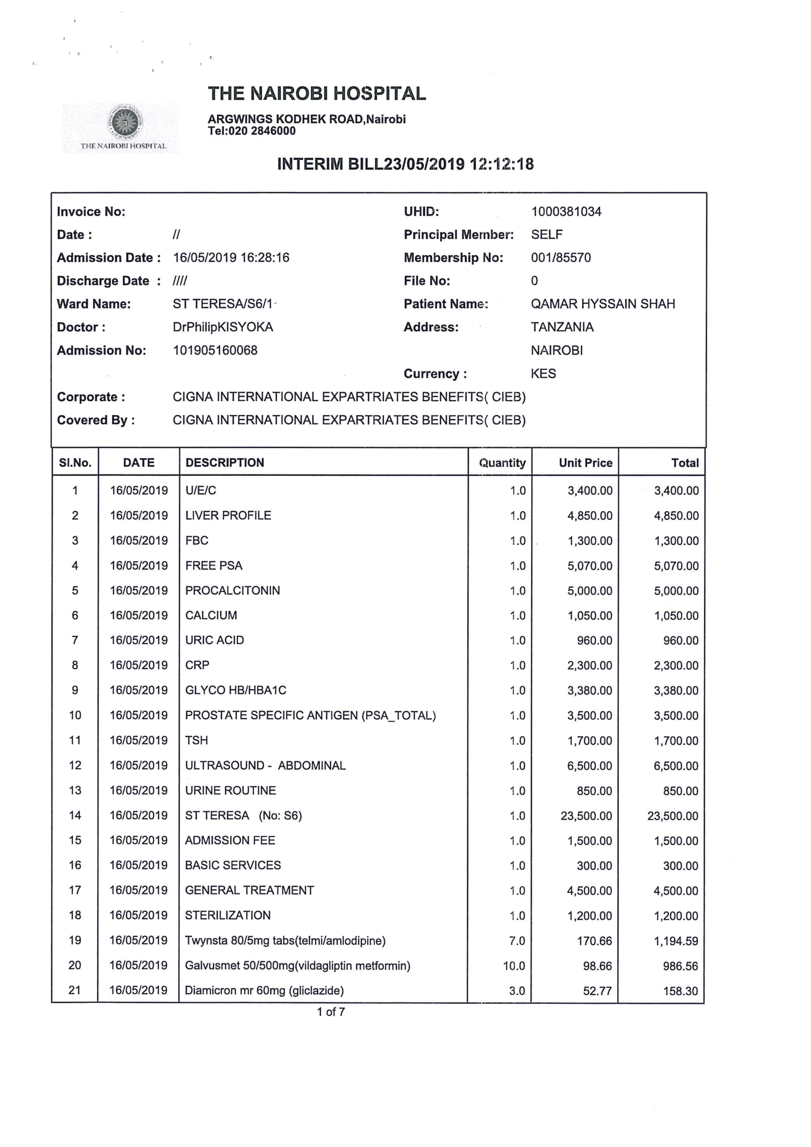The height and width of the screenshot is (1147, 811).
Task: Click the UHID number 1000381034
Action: click(x=566, y=212)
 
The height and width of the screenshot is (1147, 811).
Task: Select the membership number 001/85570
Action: click(x=560, y=258)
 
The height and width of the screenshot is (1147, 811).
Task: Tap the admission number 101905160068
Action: click(x=215, y=350)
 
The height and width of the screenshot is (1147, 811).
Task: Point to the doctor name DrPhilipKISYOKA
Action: click(x=223, y=327)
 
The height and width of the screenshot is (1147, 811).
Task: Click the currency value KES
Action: click(x=543, y=374)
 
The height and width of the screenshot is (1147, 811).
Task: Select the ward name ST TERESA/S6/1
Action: click(x=223, y=304)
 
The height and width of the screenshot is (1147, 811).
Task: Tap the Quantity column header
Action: click(x=502, y=463)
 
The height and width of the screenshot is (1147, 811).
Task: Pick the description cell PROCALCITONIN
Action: click(x=232, y=591)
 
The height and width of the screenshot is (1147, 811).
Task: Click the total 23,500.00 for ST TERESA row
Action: click(x=672, y=816)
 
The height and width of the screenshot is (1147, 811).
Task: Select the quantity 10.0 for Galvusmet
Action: click(x=514, y=965)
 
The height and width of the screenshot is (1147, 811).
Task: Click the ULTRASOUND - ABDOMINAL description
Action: click(x=265, y=765)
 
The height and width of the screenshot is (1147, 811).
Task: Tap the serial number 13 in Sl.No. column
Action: click(x=75, y=790)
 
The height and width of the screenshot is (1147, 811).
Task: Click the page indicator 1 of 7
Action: click(x=330, y=1012)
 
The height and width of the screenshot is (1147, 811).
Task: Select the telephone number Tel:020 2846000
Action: click(x=252, y=131)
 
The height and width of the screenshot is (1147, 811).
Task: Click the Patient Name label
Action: click(x=445, y=304)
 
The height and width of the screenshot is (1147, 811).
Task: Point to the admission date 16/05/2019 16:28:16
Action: click(x=231, y=258)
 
